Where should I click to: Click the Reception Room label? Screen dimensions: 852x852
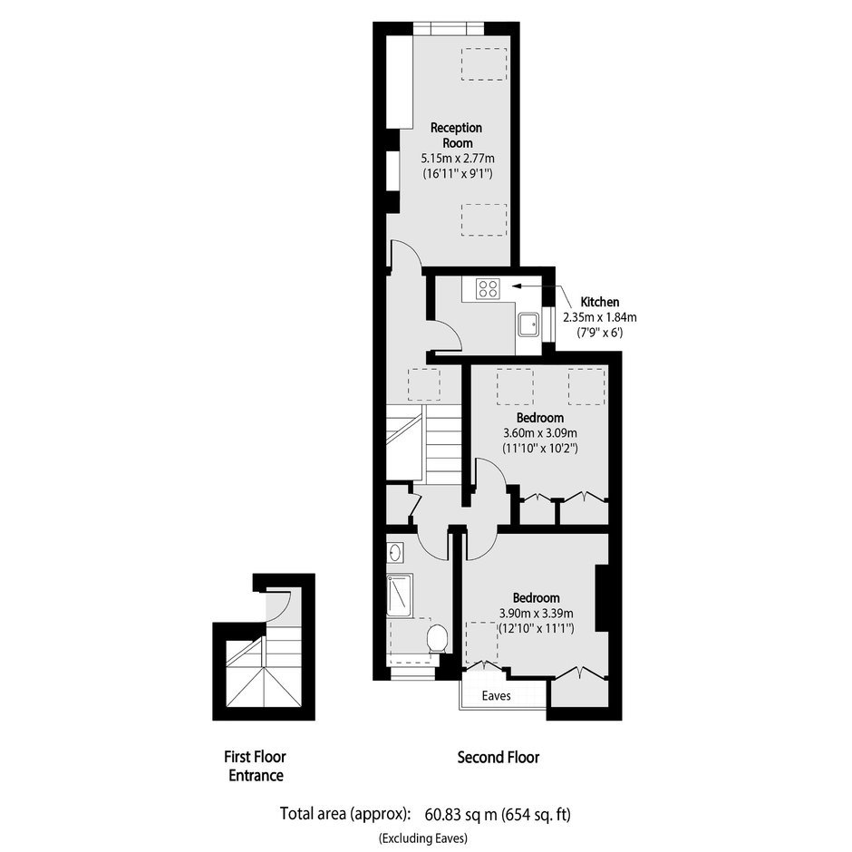tap(457, 135)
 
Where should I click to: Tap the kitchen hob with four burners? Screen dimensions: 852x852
tap(488, 288)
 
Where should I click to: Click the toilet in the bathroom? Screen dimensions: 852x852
tap(438, 638)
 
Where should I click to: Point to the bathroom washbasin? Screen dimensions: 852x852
tap(395, 553)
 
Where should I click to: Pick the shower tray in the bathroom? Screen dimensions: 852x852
tap(400, 596)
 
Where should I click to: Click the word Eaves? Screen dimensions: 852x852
tap(496, 695)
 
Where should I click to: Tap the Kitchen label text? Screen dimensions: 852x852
tap(600, 302)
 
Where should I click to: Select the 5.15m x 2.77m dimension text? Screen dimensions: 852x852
tap(458, 159)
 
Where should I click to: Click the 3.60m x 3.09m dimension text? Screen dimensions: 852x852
tap(540, 433)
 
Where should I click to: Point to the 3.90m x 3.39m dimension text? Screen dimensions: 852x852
tap(537, 614)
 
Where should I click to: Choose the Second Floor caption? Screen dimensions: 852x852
tap(499, 757)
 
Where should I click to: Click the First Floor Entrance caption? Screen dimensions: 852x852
tap(256, 766)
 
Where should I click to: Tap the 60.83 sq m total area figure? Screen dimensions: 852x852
tap(461, 814)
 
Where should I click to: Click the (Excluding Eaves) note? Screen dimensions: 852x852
tap(423, 837)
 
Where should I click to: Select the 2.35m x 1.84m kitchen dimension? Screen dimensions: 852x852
tap(600, 317)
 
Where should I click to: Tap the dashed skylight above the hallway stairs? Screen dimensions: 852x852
tap(424, 384)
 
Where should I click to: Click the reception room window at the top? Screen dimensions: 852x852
tap(449, 28)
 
